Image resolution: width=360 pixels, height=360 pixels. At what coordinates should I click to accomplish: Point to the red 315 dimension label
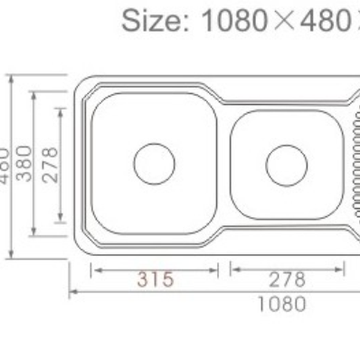coord(156,279)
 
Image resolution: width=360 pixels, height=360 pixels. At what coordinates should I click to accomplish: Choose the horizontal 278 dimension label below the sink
coord(288,279)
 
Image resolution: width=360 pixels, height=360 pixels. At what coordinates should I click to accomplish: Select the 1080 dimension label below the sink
coord(281,303)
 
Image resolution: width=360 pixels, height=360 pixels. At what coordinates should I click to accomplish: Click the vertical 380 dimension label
coord(25,163)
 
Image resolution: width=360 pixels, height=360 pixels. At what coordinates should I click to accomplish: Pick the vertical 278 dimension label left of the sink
coord(51,164)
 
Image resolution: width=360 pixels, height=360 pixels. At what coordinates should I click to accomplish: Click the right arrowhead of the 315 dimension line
coord(215,269)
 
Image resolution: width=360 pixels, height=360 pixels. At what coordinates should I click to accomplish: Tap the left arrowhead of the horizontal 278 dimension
coord(233,269)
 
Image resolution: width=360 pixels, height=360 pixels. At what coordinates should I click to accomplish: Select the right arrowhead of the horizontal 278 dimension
coord(341,269)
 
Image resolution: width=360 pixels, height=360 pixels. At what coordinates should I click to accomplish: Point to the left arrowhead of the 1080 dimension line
coord(74,291)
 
